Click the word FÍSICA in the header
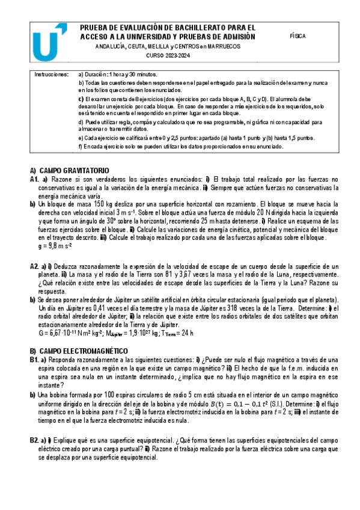click(297, 36)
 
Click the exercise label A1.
click(34, 180)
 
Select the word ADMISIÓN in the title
click(237, 36)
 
